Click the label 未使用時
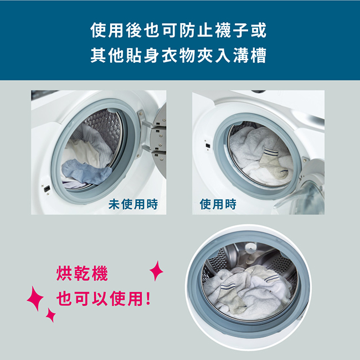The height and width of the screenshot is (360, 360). pyautogui.click(x=133, y=204)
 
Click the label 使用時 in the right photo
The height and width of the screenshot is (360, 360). pyautogui.click(x=218, y=204)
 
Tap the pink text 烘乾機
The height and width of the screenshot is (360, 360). pyautogui.click(x=82, y=273)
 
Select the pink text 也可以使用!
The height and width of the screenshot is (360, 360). pyautogui.click(x=104, y=299)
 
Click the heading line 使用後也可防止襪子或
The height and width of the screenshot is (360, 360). pyautogui.click(x=178, y=30)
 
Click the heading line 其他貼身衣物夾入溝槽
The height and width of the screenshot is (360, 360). pyautogui.click(x=178, y=55)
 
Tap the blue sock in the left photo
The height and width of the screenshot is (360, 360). pyautogui.click(x=86, y=171)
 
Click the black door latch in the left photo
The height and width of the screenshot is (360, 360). pyautogui.click(x=47, y=189)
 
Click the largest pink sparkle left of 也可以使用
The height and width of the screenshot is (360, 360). pyautogui.click(x=35, y=299)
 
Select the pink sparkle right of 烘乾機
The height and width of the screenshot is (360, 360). pyautogui.click(x=156, y=271)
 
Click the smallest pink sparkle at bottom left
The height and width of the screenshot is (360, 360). pyautogui.click(x=51, y=315)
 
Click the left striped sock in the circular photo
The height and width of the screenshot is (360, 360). pyautogui.click(x=231, y=296)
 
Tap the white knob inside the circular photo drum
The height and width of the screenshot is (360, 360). pyautogui.click(x=250, y=248)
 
